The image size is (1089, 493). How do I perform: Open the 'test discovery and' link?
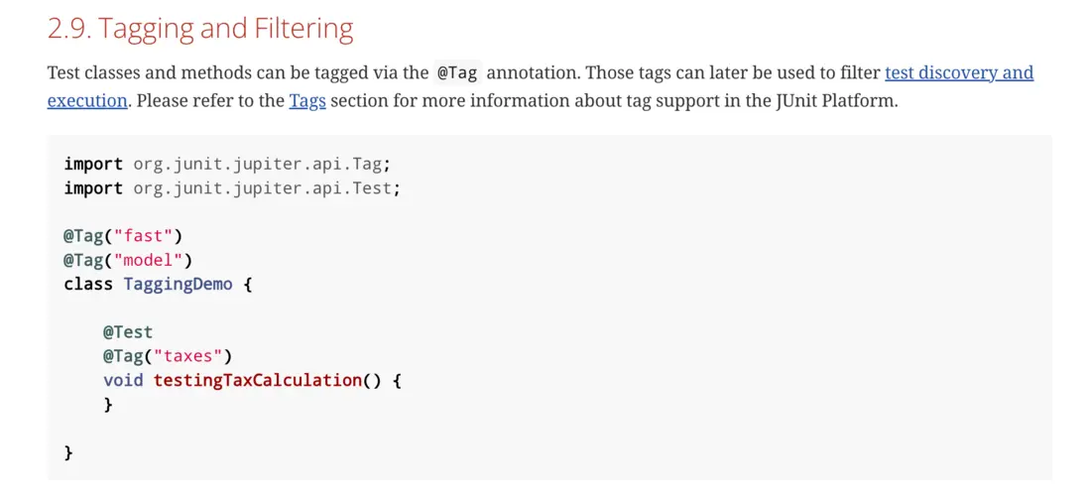pyautogui.click(x=959, y=73)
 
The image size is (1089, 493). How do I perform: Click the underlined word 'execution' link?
pyautogui.click(x=87, y=101)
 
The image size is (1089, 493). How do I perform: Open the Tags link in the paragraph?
pyautogui.click(x=307, y=101)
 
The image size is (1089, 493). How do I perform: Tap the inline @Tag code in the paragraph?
pyautogui.click(x=457, y=73)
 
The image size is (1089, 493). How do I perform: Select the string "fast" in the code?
pyautogui.click(x=143, y=237)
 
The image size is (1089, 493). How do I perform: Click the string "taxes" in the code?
pyautogui.click(x=187, y=357)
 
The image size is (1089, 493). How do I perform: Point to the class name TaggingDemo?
pyautogui.click(x=178, y=286)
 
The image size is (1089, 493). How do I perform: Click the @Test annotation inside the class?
pyautogui.click(x=128, y=332)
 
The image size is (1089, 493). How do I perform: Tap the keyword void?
pyautogui.click(x=123, y=381)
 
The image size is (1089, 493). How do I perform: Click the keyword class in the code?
pyautogui.click(x=88, y=285)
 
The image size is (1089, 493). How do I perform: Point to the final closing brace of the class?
pyautogui.click(x=68, y=453)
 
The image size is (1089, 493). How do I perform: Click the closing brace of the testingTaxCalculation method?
pyautogui.click(x=108, y=405)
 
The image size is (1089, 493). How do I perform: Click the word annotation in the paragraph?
pyautogui.click(x=531, y=73)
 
